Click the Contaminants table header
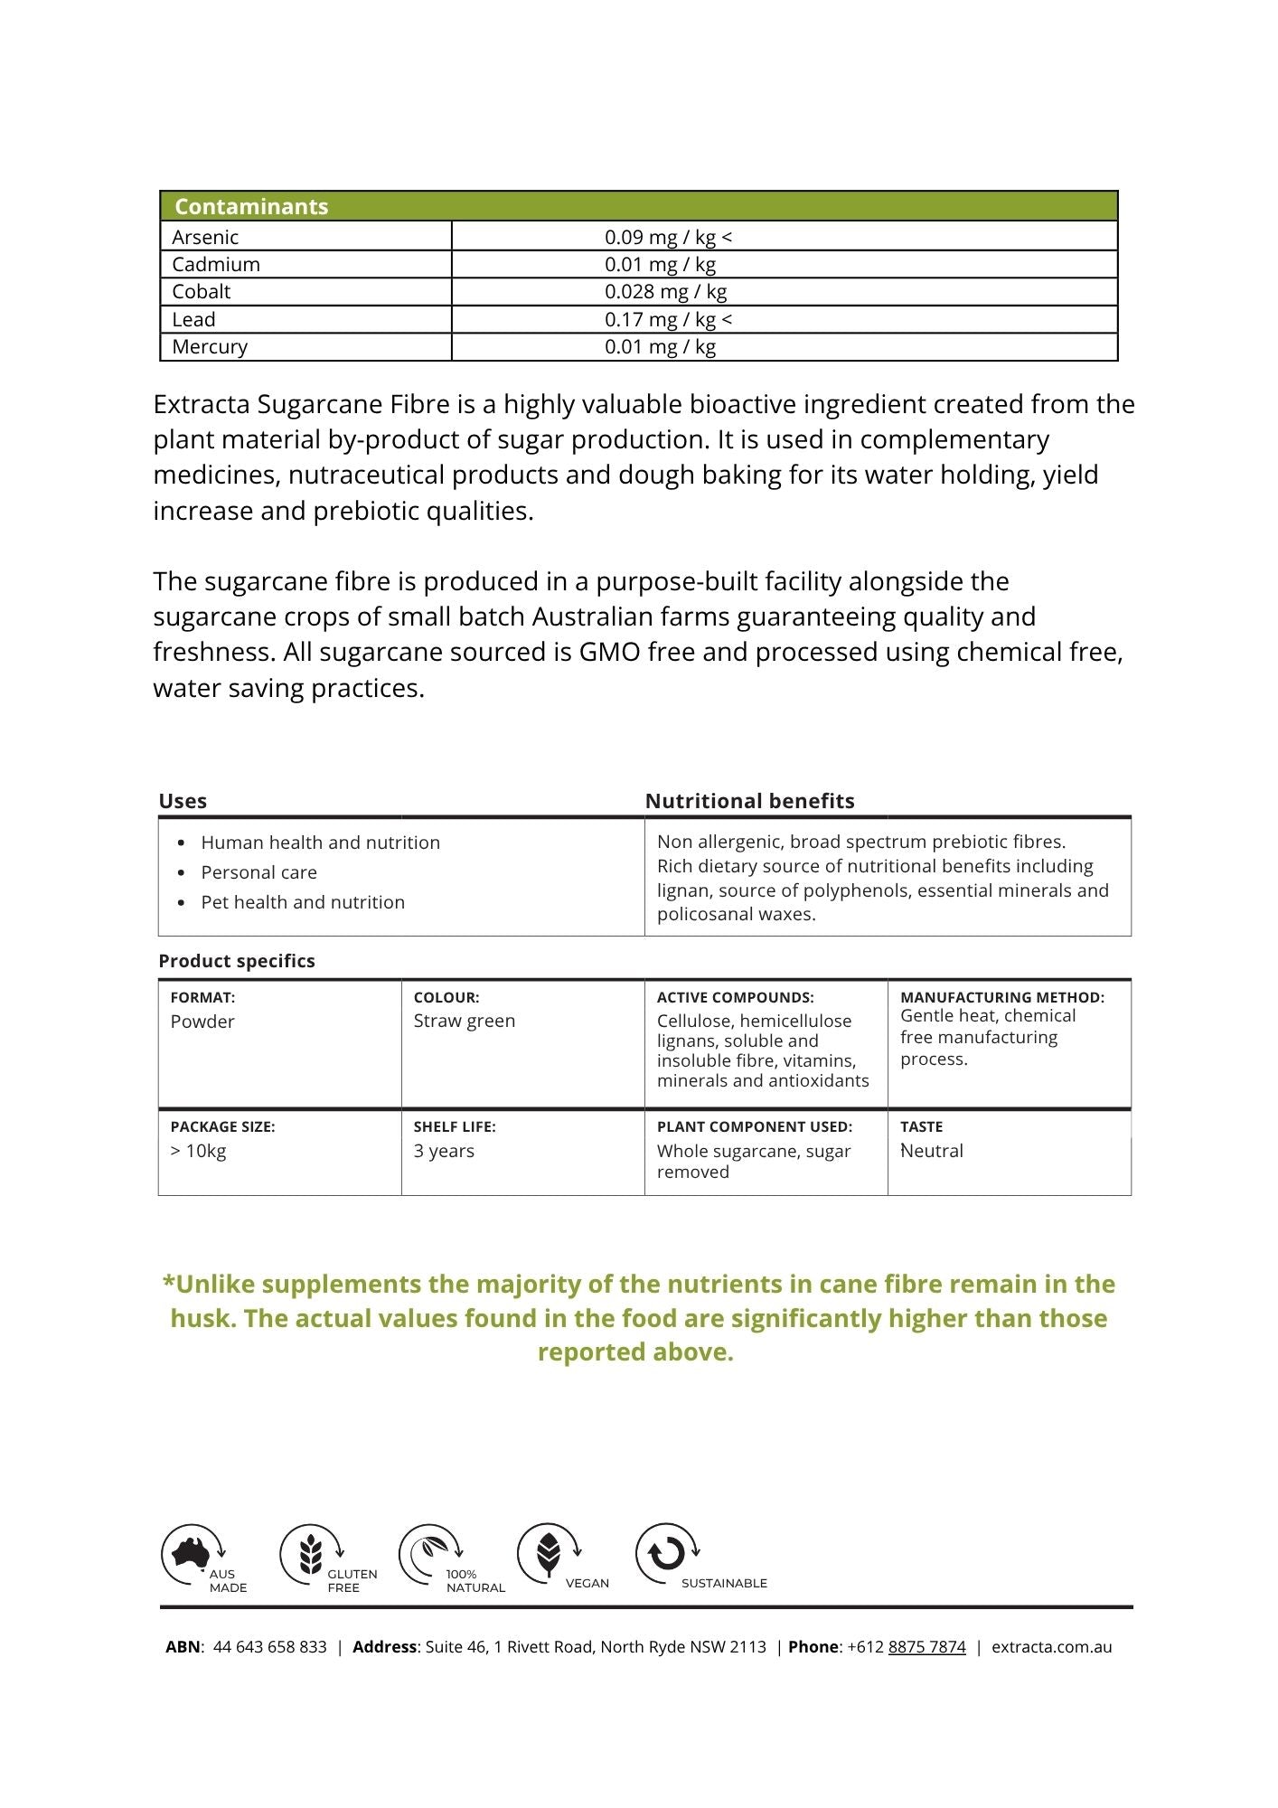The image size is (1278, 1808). (x=251, y=206)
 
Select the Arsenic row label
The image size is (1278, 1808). (x=205, y=237)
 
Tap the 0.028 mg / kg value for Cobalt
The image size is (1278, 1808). (x=665, y=292)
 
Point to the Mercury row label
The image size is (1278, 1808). (x=210, y=347)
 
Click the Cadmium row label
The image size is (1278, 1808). (x=216, y=265)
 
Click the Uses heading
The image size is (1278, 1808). (x=183, y=801)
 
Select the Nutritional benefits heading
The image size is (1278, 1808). (x=749, y=801)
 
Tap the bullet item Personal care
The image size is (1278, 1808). (x=258, y=872)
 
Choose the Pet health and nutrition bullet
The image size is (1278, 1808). (x=303, y=902)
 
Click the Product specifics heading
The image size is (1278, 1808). (x=237, y=961)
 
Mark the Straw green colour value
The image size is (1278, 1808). (x=465, y=1021)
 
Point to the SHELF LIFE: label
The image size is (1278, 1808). (x=455, y=1126)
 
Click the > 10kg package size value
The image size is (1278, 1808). (x=199, y=1151)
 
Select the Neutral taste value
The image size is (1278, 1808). (x=932, y=1151)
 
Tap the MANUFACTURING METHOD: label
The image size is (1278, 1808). (x=1002, y=997)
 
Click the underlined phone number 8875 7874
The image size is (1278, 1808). (x=926, y=1647)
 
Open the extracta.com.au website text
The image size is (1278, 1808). (x=1051, y=1647)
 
